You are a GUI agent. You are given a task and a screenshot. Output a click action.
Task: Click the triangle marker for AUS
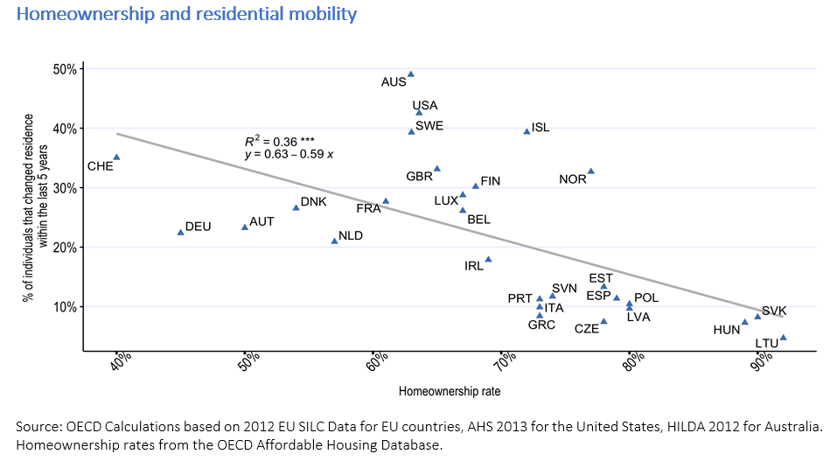pos(411,74)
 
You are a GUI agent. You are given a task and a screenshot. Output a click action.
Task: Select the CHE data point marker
pos(116,157)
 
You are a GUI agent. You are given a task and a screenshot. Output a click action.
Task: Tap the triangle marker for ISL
pos(527,130)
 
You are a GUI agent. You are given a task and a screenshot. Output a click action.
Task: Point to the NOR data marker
pos(591,171)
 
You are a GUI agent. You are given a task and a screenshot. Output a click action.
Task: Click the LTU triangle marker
pos(784,337)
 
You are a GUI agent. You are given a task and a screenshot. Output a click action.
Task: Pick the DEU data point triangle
pos(181,232)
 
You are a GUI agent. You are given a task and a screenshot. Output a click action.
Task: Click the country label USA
pos(425,106)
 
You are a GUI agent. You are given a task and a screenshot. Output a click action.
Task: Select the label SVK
pos(774,311)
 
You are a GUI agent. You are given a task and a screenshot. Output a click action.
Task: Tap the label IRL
pos(474,266)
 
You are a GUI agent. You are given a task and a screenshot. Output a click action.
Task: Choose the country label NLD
pos(350,235)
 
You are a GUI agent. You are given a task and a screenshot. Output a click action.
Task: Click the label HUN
pos(726,330)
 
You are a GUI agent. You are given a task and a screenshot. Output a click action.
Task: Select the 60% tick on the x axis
pos(378,360)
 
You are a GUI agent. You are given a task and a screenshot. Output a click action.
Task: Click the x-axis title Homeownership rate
pos(449,391)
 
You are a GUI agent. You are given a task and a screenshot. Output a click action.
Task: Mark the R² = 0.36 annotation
pos(279,141)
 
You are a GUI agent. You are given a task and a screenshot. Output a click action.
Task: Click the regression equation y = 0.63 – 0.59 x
pos(289,155)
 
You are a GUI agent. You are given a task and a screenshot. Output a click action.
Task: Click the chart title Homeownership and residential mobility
pos(186,14)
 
